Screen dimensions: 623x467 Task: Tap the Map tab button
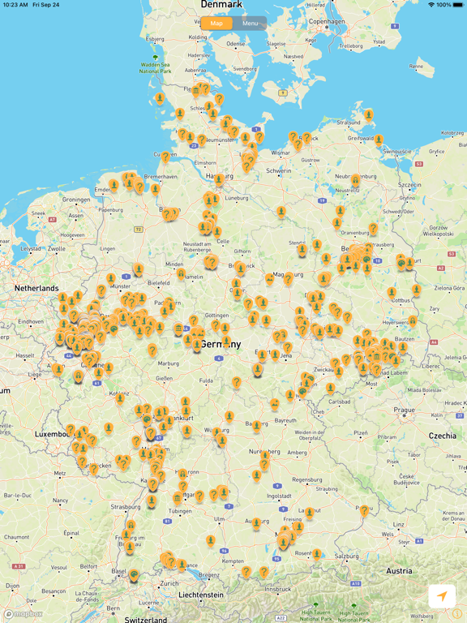(216, 24)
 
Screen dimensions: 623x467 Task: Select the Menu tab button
(250, 24)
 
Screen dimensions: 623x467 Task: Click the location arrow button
(441, 596)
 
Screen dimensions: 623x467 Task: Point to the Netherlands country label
(36, 288)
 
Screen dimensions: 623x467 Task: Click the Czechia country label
(443, 436)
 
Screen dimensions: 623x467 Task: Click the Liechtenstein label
(201, 595)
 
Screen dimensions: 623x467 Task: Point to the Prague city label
(405, 410)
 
